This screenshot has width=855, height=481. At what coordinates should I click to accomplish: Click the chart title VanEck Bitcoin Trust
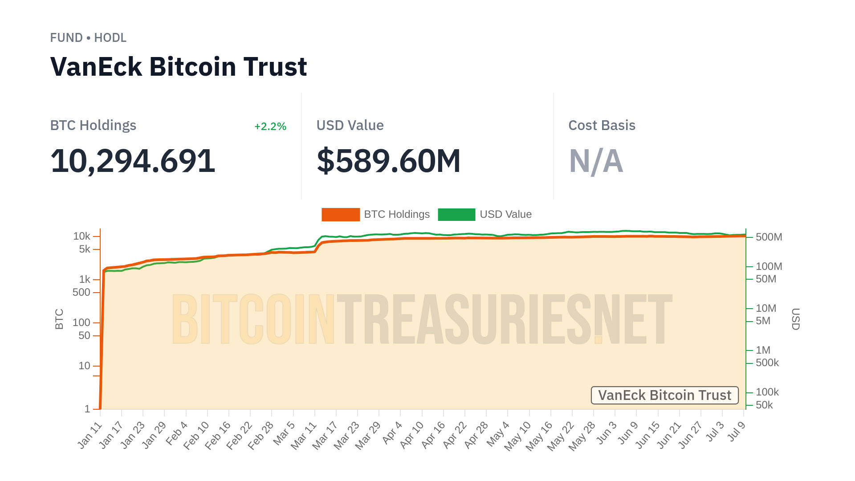tap(178, 67)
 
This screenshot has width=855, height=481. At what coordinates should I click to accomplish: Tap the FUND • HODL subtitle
tap(88, 38)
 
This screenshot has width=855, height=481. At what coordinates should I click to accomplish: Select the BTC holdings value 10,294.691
tap(133, 161)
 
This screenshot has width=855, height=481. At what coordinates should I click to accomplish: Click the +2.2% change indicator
tap(270, 126)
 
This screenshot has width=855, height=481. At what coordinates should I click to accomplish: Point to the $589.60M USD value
tap(388, 161)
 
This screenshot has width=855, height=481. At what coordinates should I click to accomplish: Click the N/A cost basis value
tap(596, 161)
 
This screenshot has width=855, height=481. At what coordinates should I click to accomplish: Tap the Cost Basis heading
tap(602, 126)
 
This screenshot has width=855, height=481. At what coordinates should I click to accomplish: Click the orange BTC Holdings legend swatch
tap(341, 215)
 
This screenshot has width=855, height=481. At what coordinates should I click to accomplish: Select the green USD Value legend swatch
tap(456, 215)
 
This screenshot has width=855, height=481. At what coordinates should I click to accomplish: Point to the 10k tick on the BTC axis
tap(81, 236)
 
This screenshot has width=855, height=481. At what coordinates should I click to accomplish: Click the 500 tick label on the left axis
tap(81, 292)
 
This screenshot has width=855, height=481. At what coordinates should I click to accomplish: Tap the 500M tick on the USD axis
tap(769, 237)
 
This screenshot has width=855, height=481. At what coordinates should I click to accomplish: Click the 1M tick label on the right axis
tap(763, 350)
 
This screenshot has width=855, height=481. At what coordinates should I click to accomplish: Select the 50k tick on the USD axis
tap(764, 405)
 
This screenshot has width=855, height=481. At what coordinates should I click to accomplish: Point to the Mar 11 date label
tap(304, 435)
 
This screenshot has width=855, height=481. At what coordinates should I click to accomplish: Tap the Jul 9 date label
tap(737, 431)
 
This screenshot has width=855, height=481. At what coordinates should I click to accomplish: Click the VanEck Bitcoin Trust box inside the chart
tap(664, 395)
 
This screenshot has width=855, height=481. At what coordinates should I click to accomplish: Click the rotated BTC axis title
tap(59, 319)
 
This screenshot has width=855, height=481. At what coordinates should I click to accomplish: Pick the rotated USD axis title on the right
tap(796, 319)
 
